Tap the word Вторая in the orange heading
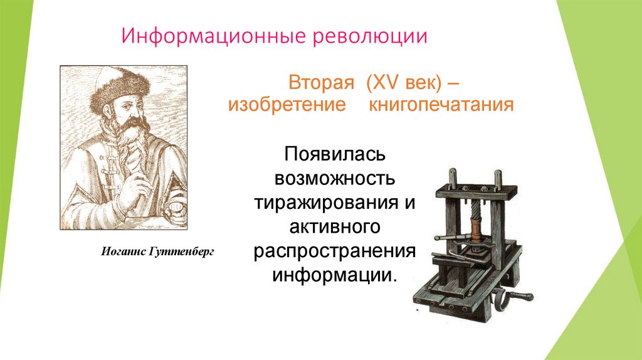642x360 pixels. [x=318, y=82]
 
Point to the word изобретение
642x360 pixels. [x=287, y=104]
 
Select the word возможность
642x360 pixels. [x=335, y=179]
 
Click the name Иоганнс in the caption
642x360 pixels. [x=124, y=251]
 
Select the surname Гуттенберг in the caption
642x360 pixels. [x=182, y=251]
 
